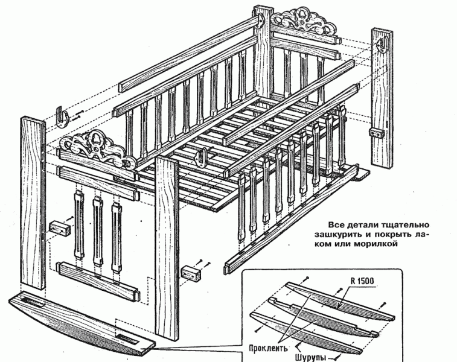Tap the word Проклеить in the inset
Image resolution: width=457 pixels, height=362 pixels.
point(267,348)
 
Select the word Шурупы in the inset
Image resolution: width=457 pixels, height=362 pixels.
point(311,356)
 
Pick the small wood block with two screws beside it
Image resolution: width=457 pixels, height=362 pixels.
point(190,273)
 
